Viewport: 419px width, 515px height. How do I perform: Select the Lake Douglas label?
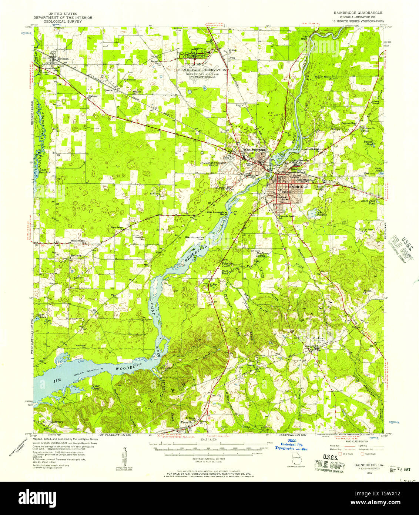pyautogui.click(x=321, y=213)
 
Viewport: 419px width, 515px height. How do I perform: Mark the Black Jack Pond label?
pyautogui.click(x=368, y=202)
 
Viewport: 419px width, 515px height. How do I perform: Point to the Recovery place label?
pyautogui.click(x=57, y=422)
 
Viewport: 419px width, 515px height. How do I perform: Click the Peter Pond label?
pyautogui.click(x=96, y=387)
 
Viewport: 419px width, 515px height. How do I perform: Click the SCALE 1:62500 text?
pyautogui.click(x=210, y=440)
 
